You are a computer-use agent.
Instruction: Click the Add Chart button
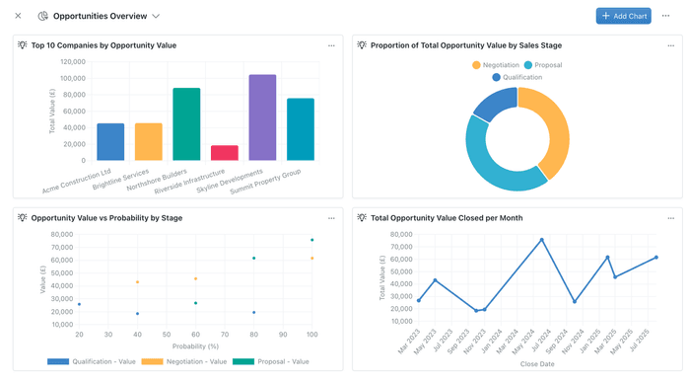tap(623, 16)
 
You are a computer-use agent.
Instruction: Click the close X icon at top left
tap(18, 16)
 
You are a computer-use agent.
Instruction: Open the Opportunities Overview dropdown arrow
tap(156, 17)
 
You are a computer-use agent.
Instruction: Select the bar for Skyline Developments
tap(262, 117)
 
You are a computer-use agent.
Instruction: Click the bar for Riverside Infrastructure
tap(225, 153)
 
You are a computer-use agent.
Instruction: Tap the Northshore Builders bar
tap(186, 124)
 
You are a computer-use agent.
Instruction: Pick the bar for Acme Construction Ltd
tap(110, 142)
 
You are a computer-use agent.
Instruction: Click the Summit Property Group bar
tap(300, 129)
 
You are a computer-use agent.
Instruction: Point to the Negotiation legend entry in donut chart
tap(496, 65)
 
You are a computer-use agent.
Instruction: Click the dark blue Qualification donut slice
tap(492, 106)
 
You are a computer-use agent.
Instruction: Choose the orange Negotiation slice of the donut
tap(550, 128)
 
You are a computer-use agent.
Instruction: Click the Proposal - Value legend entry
tap(277, 361)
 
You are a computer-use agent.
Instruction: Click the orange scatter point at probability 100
tap(312, 259)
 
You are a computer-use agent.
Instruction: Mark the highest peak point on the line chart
tap(541, 240)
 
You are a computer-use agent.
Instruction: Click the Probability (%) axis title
tap(194, 346)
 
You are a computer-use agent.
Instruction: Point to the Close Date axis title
tap(538, 363)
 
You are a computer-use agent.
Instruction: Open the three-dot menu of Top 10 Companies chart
tap(331, 45)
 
